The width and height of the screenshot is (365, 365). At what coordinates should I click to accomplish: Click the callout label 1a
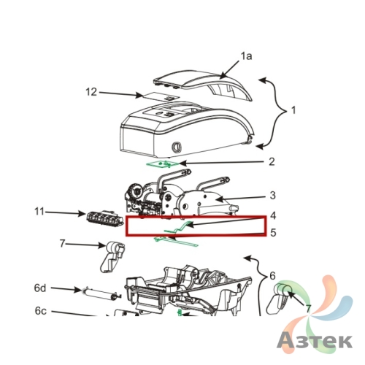click(246, 56)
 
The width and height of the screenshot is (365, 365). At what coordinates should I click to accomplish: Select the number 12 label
click(91, 92)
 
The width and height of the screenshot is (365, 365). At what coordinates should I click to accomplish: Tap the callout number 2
click(272, 161)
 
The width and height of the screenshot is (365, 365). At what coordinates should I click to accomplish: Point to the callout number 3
click(272, 195)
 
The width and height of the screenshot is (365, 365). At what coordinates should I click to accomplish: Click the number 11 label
click(39, 212)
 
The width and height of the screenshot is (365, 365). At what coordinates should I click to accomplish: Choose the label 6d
click(40, 288)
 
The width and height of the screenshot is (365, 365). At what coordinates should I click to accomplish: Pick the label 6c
click(40, 311)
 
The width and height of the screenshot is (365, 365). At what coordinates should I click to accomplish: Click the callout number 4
click(273, 215)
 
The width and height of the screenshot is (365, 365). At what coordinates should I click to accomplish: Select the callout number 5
click(273, 233)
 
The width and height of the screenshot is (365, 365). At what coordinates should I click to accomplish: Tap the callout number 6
click(272, 276)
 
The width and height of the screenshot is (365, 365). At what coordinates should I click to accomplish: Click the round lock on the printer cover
click(177, 147)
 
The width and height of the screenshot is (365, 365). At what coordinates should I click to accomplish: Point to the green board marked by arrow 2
click(162, 164)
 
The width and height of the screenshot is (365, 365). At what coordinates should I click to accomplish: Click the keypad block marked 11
click(104, 219)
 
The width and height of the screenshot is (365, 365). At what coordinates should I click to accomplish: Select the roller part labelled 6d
click(101, 293)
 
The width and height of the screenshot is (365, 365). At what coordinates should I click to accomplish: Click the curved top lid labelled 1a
click(203, 85)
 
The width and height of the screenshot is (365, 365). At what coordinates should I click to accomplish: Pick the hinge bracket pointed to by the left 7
click(112, 257)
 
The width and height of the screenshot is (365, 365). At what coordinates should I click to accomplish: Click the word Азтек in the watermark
click(315, 341)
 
